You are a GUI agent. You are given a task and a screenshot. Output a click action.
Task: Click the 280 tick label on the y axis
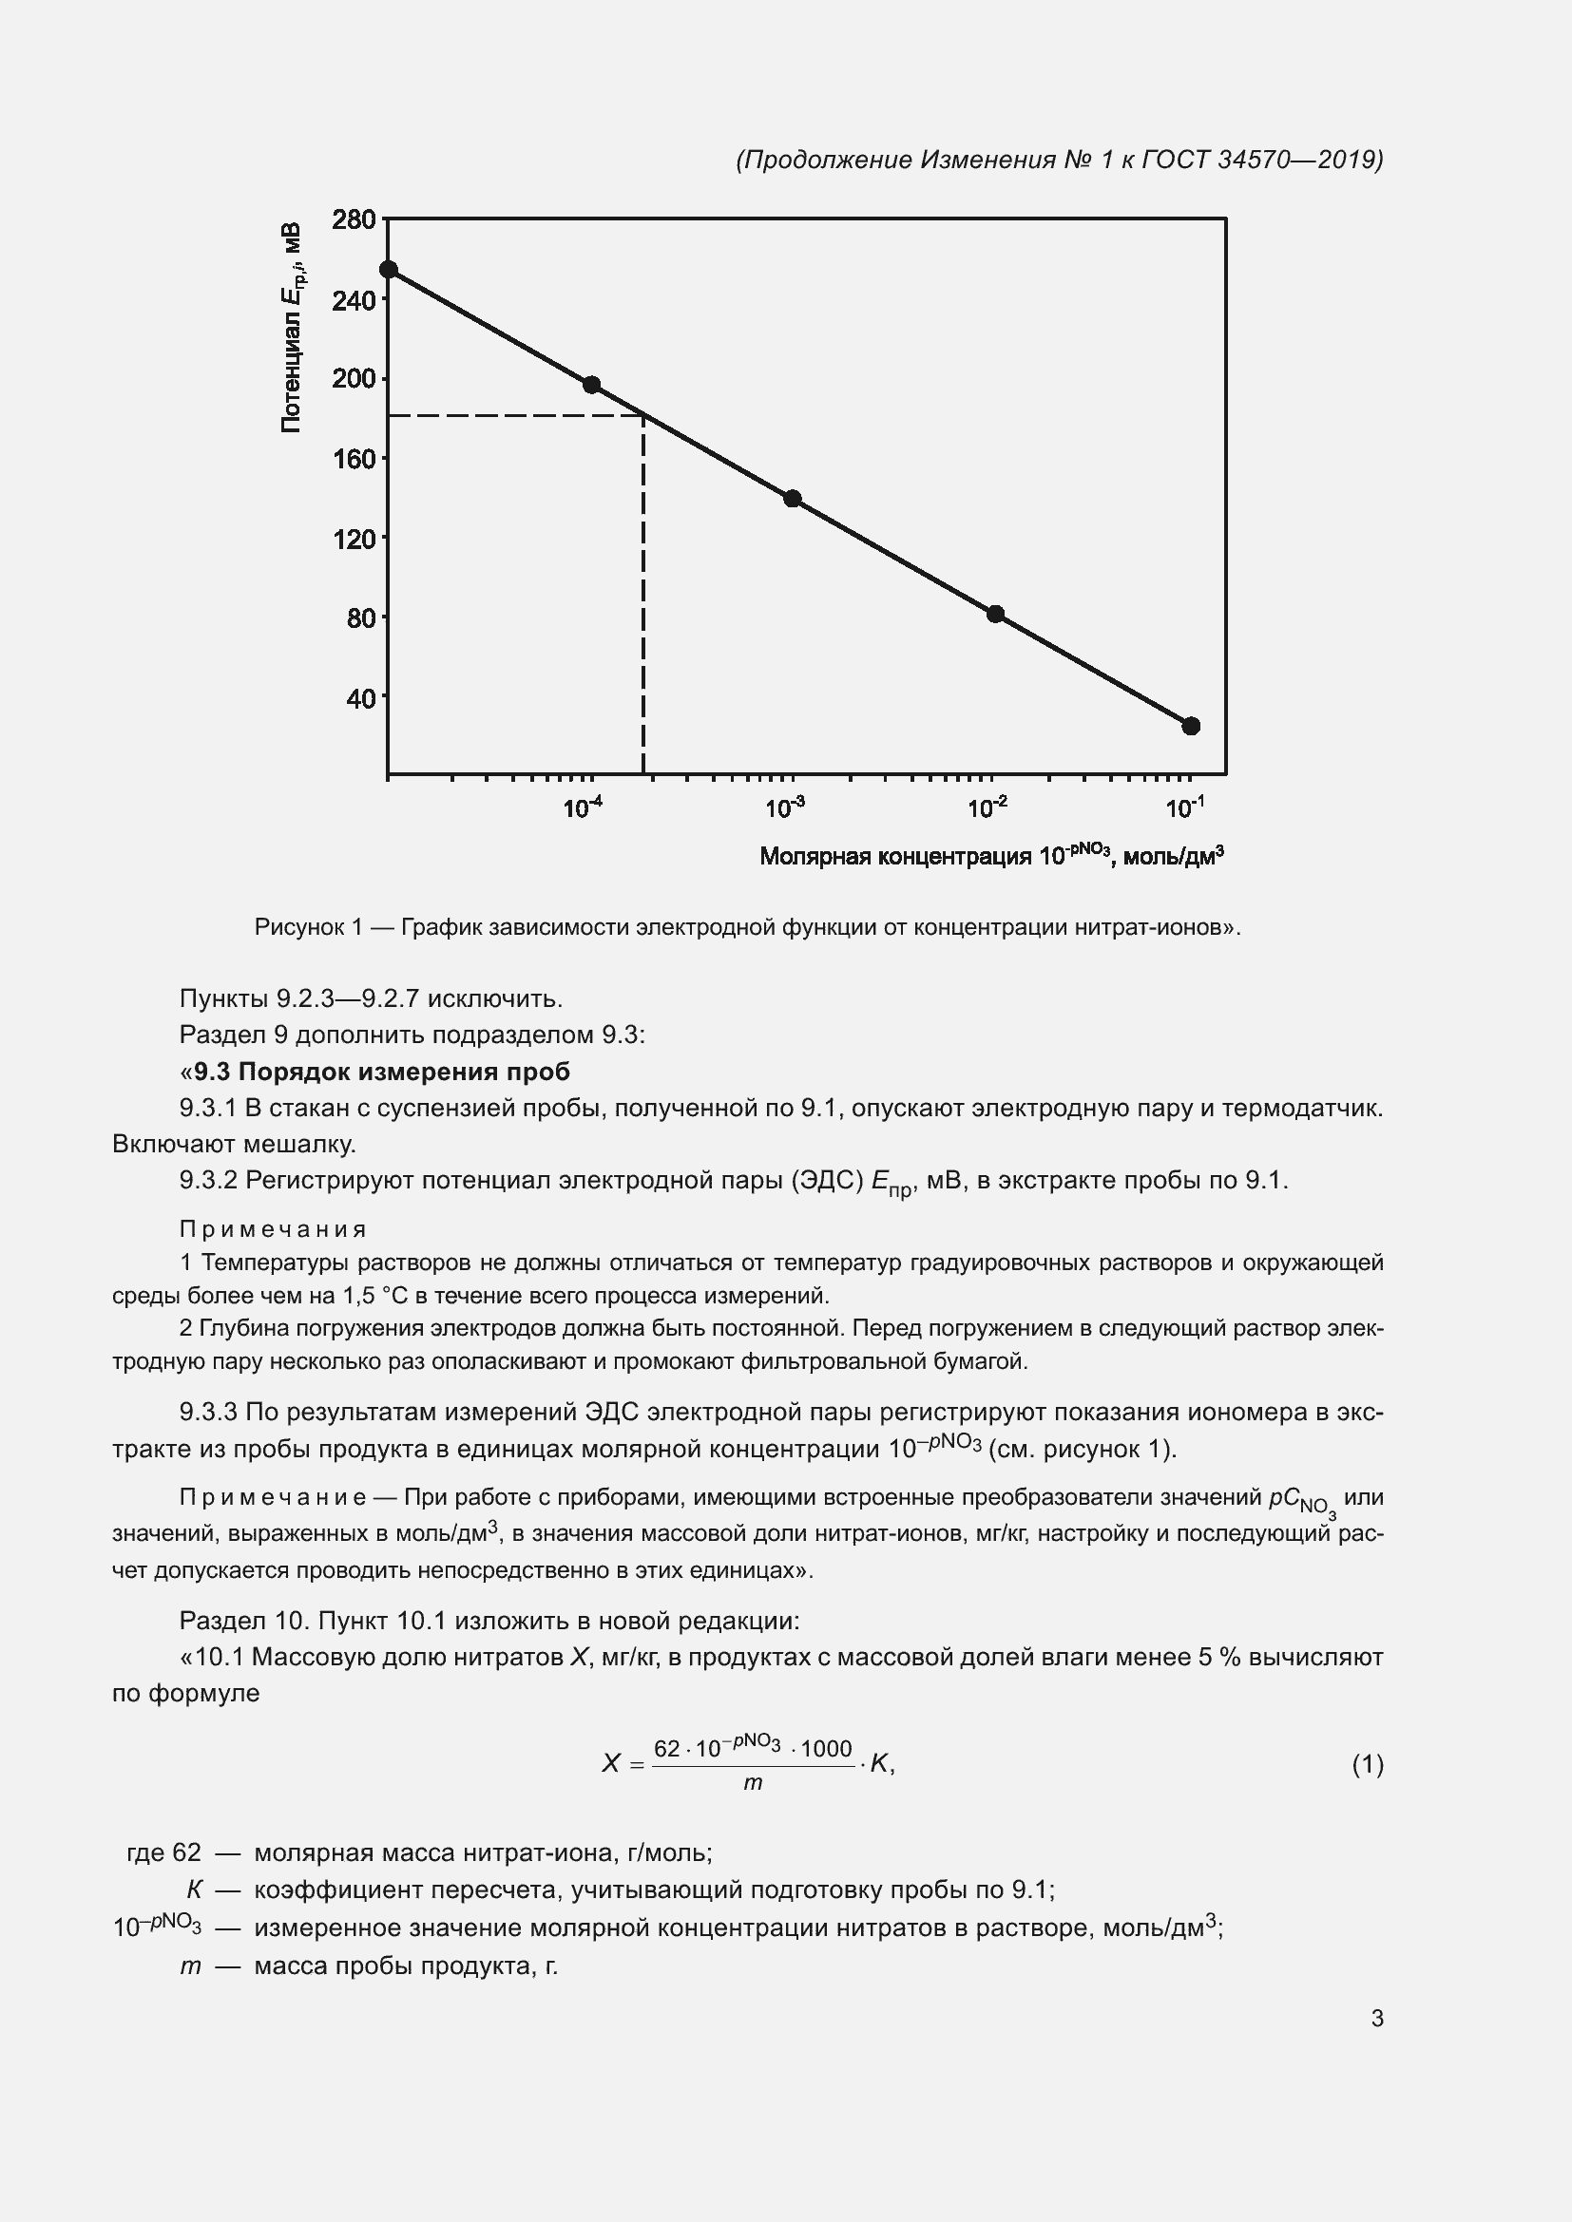[354, 220]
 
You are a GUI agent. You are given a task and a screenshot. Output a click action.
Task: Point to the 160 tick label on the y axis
[354, 459]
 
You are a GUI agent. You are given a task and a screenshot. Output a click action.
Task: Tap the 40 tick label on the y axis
[360, 698]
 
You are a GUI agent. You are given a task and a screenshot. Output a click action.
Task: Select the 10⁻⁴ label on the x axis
[583, 807]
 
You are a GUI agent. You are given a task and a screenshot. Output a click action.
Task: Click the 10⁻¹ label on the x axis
[1185, 807]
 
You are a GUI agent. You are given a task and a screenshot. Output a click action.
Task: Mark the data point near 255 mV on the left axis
[388, 270]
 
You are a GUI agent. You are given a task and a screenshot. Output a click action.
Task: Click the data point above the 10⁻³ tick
[793, 499]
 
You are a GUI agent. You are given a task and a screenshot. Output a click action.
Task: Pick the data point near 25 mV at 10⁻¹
[1192, 726]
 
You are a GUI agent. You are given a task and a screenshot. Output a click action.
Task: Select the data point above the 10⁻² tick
[995, 614]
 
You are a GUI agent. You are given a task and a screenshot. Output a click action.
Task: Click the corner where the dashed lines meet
[643, 416]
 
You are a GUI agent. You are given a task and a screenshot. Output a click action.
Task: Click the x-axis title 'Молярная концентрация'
[895, 857]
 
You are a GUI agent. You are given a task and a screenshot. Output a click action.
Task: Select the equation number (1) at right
[1367, 1764]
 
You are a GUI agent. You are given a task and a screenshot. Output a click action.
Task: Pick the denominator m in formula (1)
[753, 1782]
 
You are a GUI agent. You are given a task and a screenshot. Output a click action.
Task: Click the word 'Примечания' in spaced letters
[273, 1229]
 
